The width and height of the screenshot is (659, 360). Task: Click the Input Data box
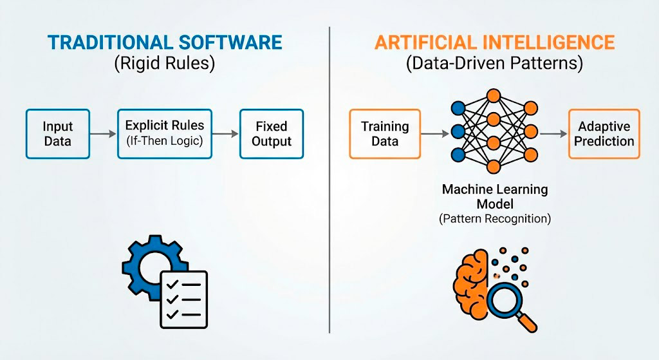(x=58, y=134)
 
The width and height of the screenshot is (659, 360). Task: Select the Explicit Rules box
(x=165, y=134)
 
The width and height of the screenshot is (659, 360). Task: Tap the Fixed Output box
(x=272, y=134)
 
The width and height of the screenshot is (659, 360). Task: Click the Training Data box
(x=385, y=134)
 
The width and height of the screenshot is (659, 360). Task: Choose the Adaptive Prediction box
(x=604, y=134)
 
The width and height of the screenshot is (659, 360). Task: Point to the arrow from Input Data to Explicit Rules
(x=103, y=134)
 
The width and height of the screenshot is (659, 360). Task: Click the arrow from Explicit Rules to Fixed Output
(x=226, y=134)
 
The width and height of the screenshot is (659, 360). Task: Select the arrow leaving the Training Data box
(x=434, y=134)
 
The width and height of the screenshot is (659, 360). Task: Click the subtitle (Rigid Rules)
(x=165, y=64)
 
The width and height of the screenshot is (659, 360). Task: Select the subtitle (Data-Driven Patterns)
(x=494, y=64)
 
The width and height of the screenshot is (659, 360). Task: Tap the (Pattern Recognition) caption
(x=494, y=219)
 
